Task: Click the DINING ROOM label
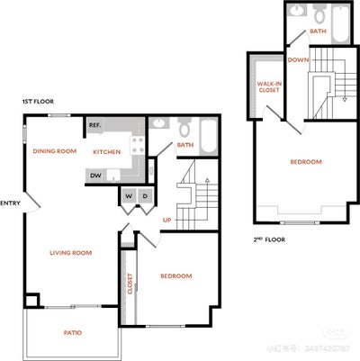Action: pyautogui.click(x=53, y=151)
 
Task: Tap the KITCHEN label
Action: pyautogui.click(x=106, y=151)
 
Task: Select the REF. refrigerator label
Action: pyautogui.click(x=94, y=125)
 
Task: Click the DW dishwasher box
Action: pyautogui.click(x=95, y=176)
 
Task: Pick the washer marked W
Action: pyautogui.click(x=128, y=196)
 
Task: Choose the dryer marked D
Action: pyautogui.click(x=145, y=196)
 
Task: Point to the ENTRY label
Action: pyautogui.click(x=11, y=203)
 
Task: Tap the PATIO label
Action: pyautogui.click(x=73, y=333)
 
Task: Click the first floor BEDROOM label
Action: pyautogui.click(x=175, y=275)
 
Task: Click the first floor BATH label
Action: pyautogui.click(x=185, y=145)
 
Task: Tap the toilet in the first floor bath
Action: pyautogui.click(x=184, y=126)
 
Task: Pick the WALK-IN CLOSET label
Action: pyautogui.click(x=266, y=86)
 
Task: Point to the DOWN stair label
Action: pyautogui.click(x=298, y=60)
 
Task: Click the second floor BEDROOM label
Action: pyautogui.click(x=305, y=162)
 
